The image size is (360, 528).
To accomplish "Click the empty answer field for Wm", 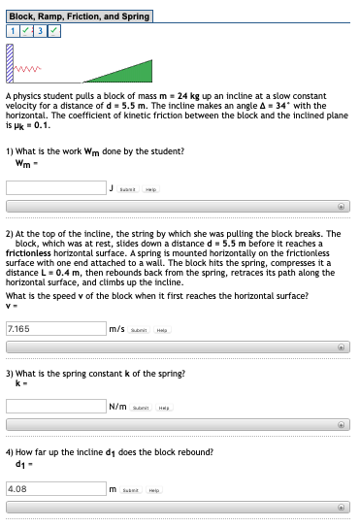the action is (x=55, y=187).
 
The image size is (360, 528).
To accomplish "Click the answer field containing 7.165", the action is (x=55, y=328).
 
